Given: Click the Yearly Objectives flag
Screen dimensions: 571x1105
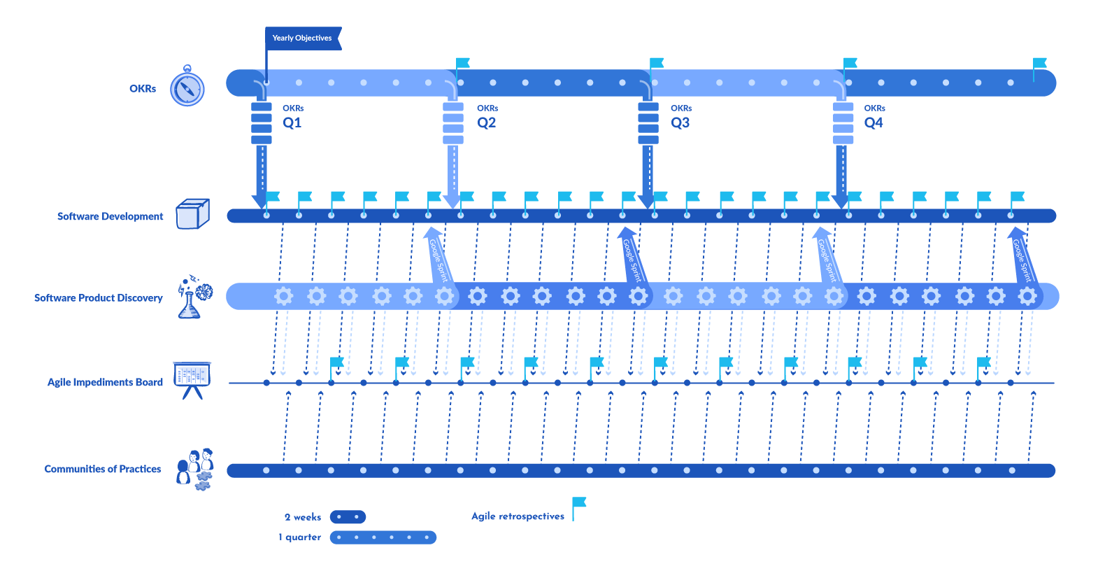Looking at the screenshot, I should [302, 38].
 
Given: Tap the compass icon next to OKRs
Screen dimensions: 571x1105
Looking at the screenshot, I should [187, 88].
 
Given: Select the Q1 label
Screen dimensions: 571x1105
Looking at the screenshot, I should [292, 122].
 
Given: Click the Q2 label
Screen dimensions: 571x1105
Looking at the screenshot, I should [487, 122].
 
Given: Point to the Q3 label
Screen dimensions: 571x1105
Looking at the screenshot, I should [680, 122].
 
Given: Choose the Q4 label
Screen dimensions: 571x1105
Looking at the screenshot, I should [874, 122].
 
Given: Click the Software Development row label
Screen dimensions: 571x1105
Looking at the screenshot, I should [110, 216].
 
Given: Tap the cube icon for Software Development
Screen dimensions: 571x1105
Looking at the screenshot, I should [192, 214].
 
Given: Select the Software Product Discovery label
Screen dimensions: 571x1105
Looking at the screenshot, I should [98, 298].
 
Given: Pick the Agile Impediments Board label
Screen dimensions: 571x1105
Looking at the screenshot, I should [105, 382].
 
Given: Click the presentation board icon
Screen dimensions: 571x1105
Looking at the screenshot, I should [192, 379].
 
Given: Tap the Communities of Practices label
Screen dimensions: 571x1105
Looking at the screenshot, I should [102, 469].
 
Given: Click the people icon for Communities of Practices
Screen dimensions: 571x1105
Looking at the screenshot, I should [195, 469].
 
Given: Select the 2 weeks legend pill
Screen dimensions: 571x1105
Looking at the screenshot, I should [348, 517].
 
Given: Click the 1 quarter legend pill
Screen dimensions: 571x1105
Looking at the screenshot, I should [383, 537].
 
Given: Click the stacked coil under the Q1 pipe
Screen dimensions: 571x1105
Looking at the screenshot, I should [262, 123].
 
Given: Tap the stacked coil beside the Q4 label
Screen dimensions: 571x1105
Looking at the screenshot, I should [843, 123].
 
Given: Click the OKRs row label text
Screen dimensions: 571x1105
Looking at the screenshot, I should [143, 89].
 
